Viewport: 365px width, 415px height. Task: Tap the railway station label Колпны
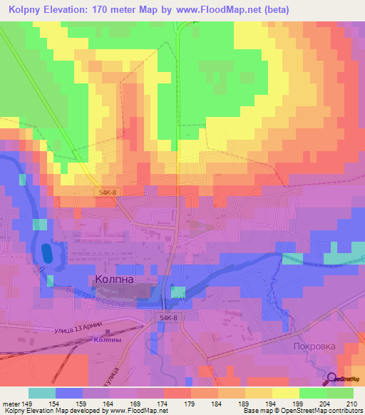tap(107, 340)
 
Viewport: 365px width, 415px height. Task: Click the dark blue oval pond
tap(47, 252)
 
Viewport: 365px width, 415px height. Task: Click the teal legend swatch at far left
tap(42, 393)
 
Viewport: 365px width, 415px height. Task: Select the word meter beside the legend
tap(10, 403)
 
